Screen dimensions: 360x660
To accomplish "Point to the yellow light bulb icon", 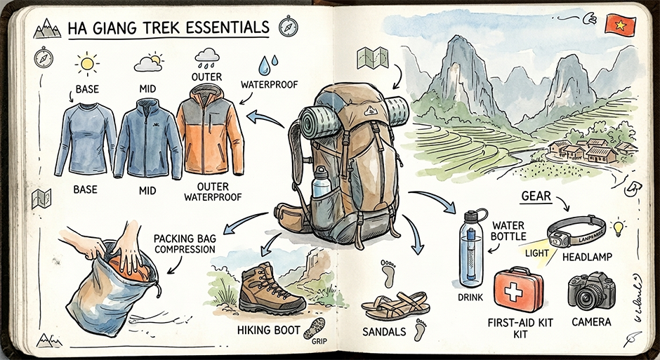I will coord(618,227).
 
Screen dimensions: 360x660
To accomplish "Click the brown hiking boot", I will coord(271,289).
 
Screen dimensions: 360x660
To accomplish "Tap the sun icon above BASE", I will coord(87,65).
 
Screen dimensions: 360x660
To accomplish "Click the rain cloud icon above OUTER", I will coord(207,55).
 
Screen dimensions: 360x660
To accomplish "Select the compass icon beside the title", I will coord(287,27).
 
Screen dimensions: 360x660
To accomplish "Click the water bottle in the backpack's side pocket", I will coord(322,184).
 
